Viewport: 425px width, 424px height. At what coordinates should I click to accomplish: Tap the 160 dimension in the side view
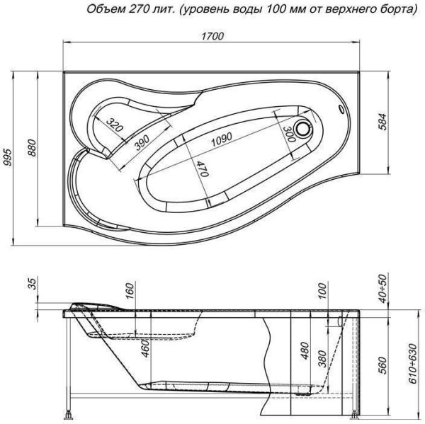(130, 291)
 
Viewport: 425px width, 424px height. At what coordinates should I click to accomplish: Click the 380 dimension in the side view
(323, 360)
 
